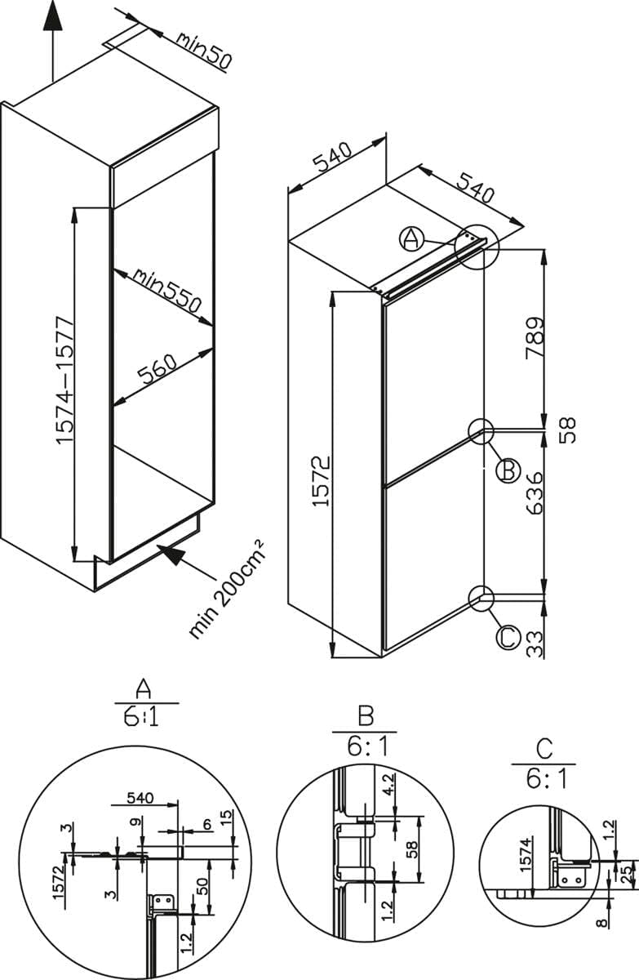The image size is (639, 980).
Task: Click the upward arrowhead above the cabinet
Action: pos(52,16)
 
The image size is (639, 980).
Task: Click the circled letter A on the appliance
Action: pos(411,238)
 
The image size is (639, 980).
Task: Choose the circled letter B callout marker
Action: pos(507,470)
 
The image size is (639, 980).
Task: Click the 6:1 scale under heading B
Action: pos(365,746)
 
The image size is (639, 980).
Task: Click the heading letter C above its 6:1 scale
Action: pos(544,747)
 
